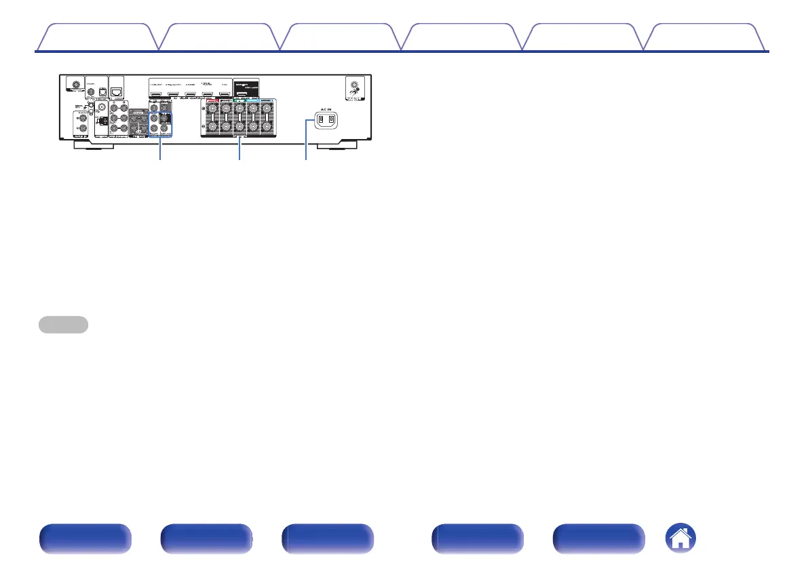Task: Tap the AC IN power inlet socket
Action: click(x=323, y=121)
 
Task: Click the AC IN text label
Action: click(x=323, y=108)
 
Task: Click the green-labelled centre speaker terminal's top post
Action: click(x=239, y=107)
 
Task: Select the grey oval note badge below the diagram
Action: click(x=63, y=325)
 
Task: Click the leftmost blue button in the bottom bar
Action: click(x=85, y=540)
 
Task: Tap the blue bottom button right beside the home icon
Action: click(x=598, y=540)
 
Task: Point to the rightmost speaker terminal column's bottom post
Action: click(x=269, y=127)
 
